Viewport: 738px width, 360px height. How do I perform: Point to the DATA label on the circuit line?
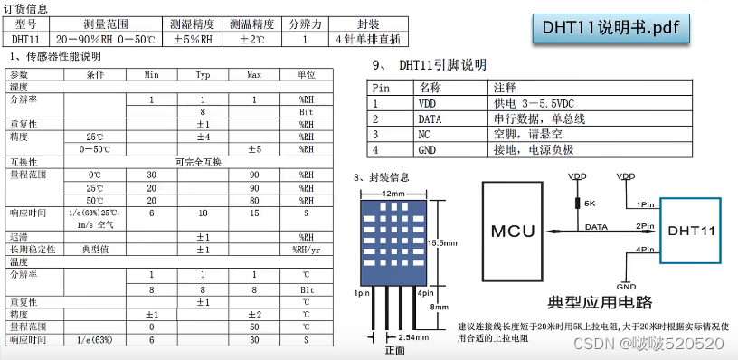point(596,226)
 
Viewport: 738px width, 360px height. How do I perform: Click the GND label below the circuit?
point(626,286)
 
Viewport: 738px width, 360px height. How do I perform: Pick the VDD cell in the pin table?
point(428,103)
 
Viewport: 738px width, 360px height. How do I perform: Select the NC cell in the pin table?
point(425,134)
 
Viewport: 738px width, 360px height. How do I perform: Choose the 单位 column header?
point(306,74)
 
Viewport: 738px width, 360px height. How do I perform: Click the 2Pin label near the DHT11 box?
point(645,225)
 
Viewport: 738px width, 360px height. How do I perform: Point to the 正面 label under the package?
point(394,350)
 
